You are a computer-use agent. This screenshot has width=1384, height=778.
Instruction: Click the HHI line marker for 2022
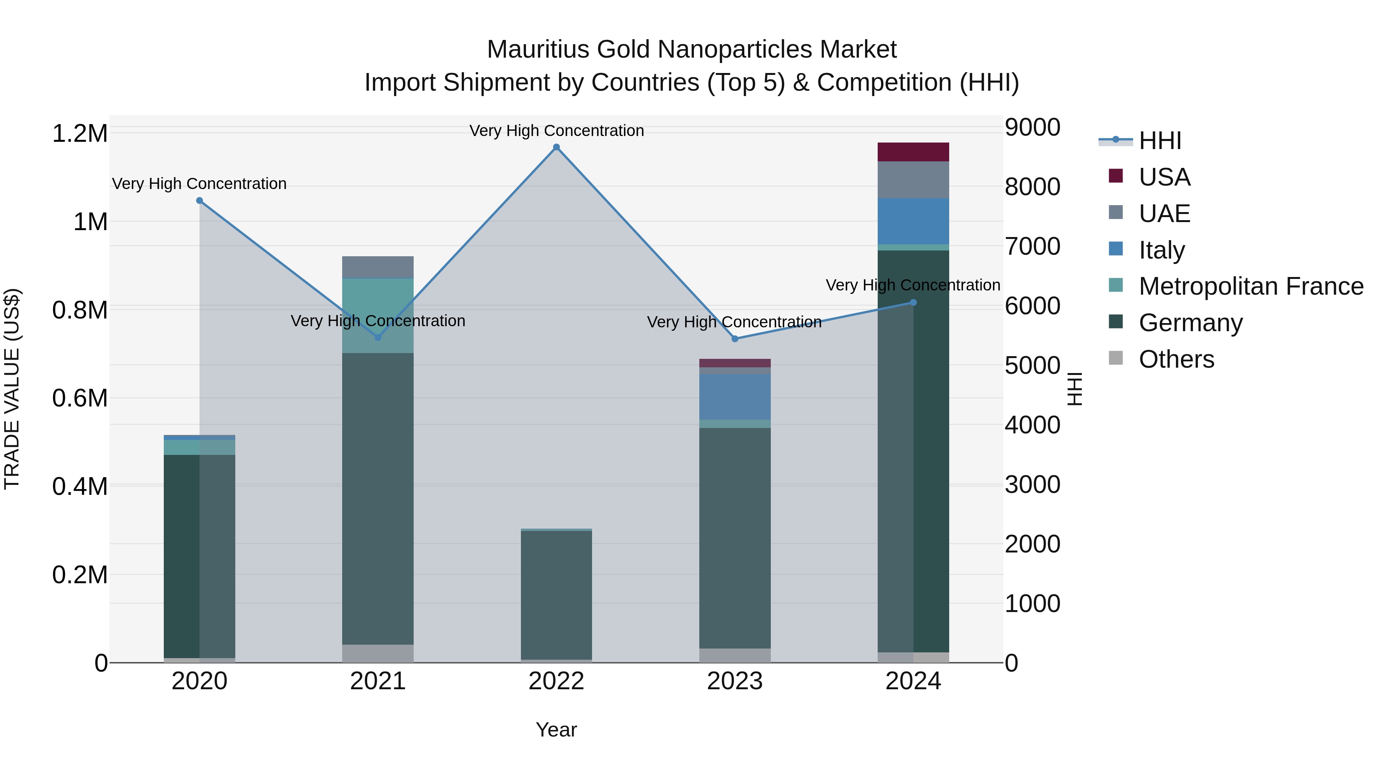point(556,147)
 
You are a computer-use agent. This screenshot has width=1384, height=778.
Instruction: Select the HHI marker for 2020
point(199,200)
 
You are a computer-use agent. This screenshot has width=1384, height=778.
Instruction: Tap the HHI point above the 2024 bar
point(913,302)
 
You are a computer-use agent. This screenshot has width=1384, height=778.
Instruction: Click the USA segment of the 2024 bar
point(913,152)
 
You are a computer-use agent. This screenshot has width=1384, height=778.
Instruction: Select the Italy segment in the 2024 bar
point(913,221)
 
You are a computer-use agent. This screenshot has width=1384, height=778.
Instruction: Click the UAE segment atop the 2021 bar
point(378,267)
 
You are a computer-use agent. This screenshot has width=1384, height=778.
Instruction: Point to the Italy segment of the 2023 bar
point(734,397)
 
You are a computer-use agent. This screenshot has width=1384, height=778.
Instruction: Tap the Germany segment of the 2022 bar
point(556,594)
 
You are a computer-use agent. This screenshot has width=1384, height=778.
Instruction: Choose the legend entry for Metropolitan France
point(1251,286)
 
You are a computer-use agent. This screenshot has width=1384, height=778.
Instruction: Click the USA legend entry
point(1164,177)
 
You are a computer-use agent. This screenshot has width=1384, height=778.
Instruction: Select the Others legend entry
point(1176,359)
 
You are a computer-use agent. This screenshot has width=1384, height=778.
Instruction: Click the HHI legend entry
point(1159,141)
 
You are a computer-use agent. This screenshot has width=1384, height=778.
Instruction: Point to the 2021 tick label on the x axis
point(378,681)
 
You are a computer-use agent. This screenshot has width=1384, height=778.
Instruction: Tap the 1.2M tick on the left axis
point(80,133)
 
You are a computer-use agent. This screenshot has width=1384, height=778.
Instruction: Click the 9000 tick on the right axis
point(1032,128)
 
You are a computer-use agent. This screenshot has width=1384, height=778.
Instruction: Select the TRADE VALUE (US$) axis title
point(12,389)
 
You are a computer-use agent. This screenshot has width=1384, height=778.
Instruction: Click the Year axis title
point(556,730)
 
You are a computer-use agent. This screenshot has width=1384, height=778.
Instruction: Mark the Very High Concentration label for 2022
point(556,131)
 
